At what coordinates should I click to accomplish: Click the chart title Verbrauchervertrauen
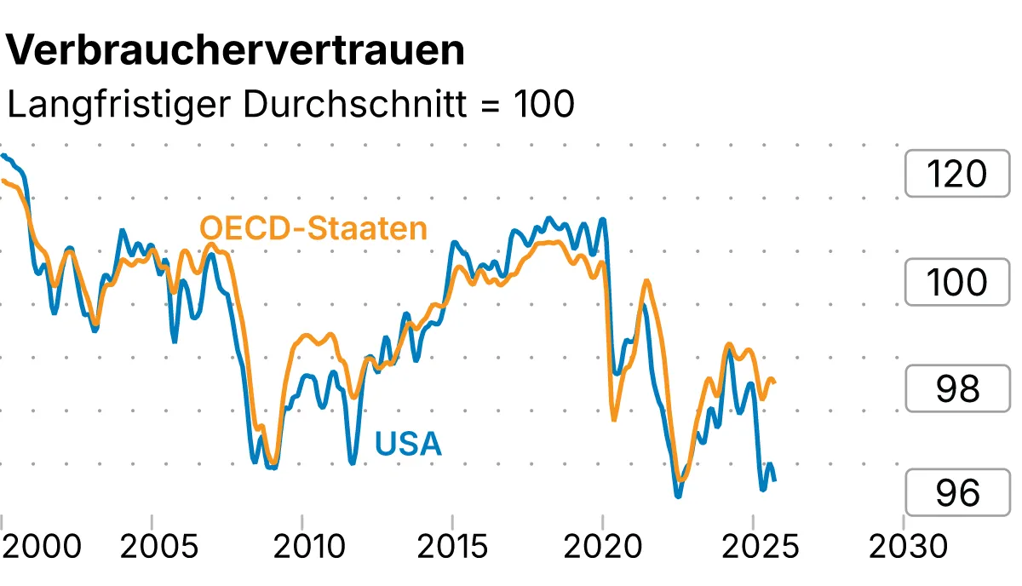pyautogui.click(x=236, y=51)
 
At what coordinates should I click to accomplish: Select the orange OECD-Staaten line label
pyautogui.click(x=313, y=229)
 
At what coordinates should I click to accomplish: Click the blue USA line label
pyautogui.click(x=408, y=444)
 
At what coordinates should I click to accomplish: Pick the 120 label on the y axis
pyautogui.click(x=956, y=175)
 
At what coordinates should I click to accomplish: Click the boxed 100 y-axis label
pyautogui.click(x=956, y=282)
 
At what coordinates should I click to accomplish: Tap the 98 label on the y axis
pyautogui.click(x=956, y=388)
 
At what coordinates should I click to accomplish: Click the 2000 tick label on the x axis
pyautogui.click(x=43, y=546)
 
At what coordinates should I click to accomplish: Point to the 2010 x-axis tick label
pyautogui.click(x=302, y=546)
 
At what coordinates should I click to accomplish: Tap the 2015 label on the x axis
pyautogui.click(x=452, y=546)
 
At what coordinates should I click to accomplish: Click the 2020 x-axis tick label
pyautogui.click(x=602, y=546)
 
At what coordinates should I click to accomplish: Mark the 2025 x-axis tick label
pyautogui.click(x=753, y=546)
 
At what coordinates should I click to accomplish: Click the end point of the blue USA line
pyautogui.click(x=774, y=480)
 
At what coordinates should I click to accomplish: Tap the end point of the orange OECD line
pyautogui.click(x=774, y=382)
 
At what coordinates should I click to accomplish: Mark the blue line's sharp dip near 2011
pyautogui.click(x=352, y=462)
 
